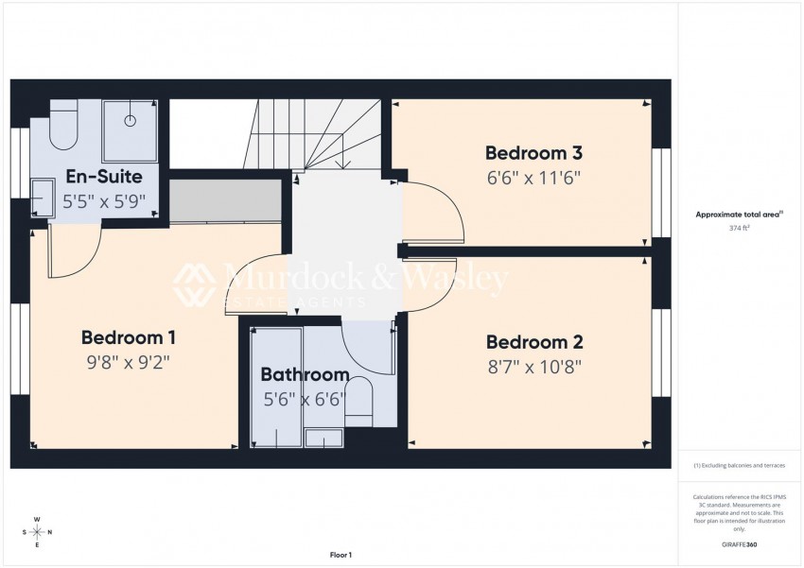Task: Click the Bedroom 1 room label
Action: point(128,337)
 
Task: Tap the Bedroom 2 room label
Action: point(533,342)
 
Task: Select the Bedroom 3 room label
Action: point(533,152)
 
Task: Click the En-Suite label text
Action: point(104,177)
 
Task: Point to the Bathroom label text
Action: point(305,375)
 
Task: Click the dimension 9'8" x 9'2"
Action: point(128,361)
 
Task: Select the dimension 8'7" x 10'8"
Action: point(533,366)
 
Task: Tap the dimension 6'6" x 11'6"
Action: point(533,176)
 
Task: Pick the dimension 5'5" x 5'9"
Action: point(104,199)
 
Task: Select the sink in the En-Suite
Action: point(43,198)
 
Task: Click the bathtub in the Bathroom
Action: point(276,387)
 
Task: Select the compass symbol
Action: point(37,532)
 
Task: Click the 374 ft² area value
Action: point(738,229)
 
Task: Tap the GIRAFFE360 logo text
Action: point(738,545)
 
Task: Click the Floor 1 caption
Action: point(341,555)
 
